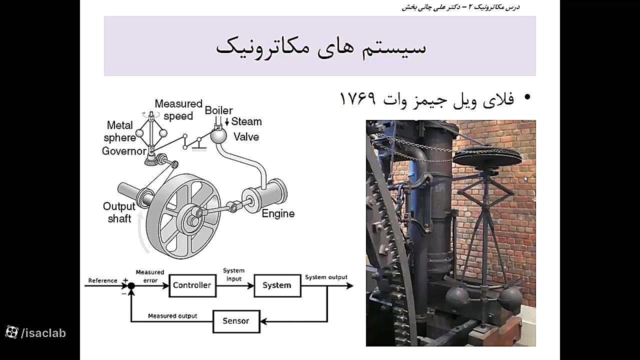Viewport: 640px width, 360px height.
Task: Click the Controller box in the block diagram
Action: pos(192,285)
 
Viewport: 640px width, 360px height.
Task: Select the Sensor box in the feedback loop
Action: pos(236,321)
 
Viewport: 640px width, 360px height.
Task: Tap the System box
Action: pos(277,285)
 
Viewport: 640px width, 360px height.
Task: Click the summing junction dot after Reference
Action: pos(131,285)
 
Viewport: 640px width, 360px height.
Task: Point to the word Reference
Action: pos(103,280)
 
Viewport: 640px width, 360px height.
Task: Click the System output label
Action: pos(326,277)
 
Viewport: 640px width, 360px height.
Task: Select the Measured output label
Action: pos(172,316)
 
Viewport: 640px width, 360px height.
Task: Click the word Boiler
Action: pos(219,110)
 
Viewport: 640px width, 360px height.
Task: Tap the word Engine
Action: pos(278,213)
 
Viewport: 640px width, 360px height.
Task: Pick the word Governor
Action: pos(124,151)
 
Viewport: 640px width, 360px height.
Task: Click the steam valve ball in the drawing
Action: pos(218,136)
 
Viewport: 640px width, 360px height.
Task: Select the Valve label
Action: pos(246,137)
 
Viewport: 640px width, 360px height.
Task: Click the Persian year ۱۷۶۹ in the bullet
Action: pos(357,98)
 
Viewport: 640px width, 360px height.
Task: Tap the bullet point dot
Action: pos(527,97)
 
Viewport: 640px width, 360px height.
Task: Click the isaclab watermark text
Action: pos(43,333)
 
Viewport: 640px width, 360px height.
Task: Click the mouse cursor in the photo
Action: pos(526,179)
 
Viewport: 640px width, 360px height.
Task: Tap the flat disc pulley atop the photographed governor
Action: pos(487,157)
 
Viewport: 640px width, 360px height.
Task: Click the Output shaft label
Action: pos(119,212)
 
